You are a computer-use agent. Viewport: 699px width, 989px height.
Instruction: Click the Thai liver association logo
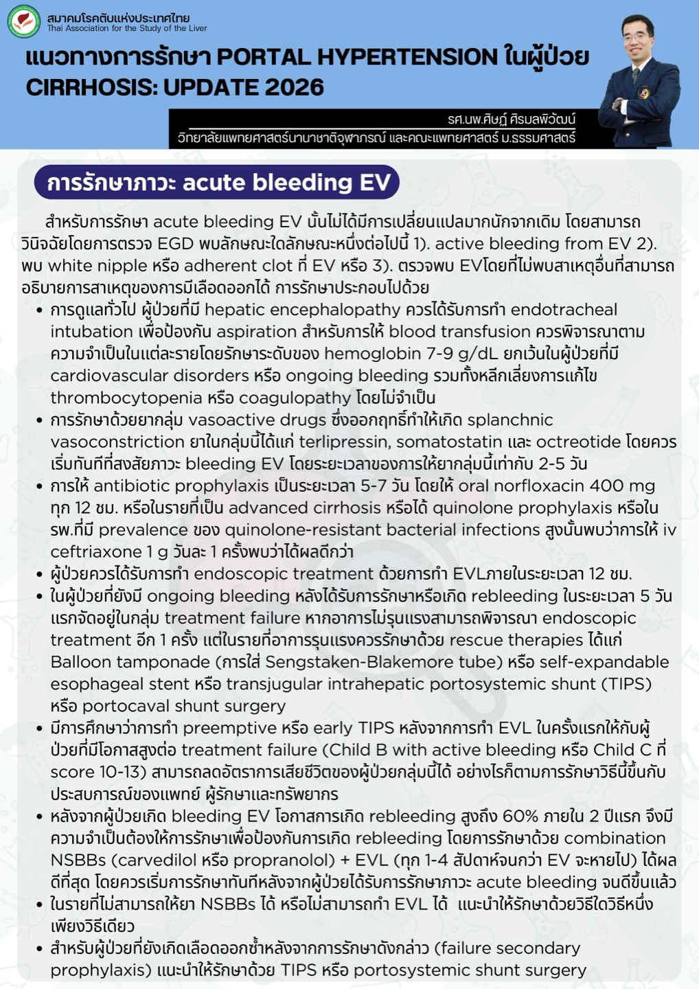[24, 21]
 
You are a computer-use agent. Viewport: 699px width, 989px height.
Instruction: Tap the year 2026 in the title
[292, 87]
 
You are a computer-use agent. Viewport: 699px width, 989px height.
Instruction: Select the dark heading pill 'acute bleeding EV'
[217, 183]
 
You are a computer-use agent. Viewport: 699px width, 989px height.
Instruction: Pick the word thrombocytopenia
[126, 398]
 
